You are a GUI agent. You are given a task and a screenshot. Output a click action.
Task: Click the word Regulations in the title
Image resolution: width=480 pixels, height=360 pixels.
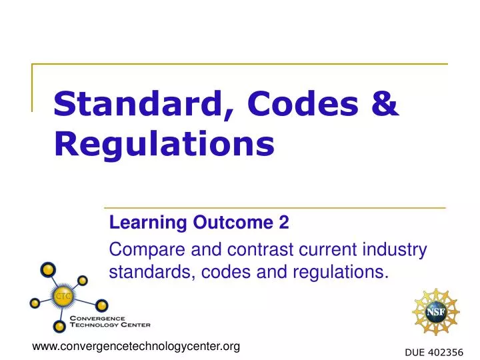point(163,144)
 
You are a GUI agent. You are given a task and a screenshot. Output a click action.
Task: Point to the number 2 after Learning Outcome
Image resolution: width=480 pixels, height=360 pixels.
point(284,223)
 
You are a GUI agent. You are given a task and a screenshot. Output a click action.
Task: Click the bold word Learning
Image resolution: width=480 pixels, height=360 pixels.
point(137,224)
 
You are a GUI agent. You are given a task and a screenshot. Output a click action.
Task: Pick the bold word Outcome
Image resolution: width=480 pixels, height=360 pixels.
point(223,223)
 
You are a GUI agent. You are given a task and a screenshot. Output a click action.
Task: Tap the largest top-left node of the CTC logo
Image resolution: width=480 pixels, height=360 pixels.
point(48,270)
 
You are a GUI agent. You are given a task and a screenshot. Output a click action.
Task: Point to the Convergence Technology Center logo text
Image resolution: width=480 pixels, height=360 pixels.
point(110,322)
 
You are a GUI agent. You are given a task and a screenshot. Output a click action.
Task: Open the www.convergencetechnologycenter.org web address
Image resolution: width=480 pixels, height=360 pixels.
point(136,346)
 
